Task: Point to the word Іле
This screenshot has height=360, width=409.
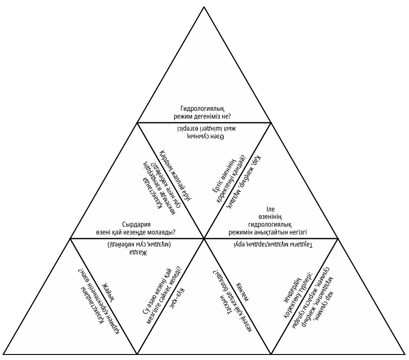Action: pyautogui.click(x=271, y=209)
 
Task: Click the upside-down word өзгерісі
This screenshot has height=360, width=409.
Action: pyautogui.click(x=188, y=129)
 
